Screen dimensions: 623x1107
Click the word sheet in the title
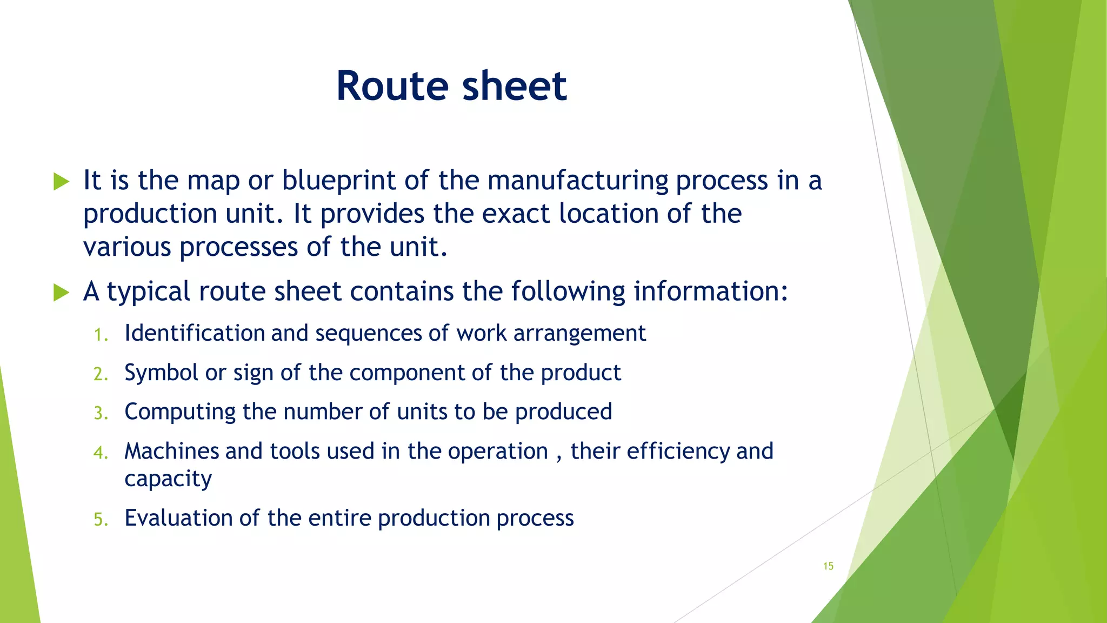(514, 87)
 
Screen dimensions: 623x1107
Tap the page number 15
(828, 566)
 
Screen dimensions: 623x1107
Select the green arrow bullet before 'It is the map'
(62, 182)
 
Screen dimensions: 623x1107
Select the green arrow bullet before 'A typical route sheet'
(62, 293)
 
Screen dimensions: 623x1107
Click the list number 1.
(101, 335)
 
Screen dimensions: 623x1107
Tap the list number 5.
(101, 520)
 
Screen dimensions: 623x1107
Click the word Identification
(194, 333)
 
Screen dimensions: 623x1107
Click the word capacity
(168, 479)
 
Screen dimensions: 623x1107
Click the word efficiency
(677, 451)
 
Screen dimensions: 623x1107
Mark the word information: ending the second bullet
(710, 291)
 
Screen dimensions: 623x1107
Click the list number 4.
(101, 453)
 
